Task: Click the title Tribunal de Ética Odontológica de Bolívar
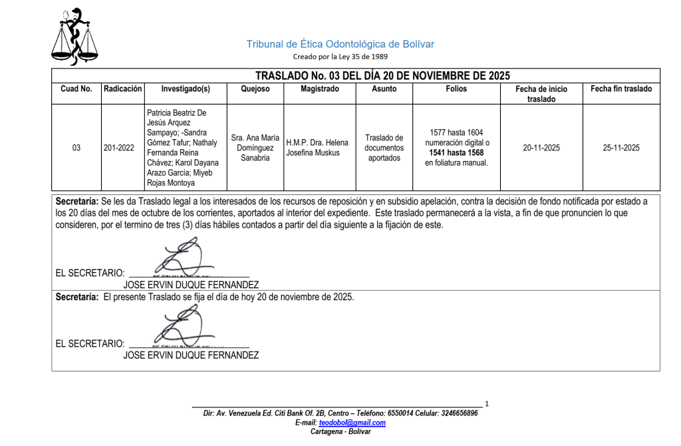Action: point(340,44)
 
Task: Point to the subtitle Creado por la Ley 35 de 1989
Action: point(340,57)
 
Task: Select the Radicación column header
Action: point(122,89)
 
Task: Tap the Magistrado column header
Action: point(319,89)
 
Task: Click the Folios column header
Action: point(456,89)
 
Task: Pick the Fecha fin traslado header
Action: point(621,89)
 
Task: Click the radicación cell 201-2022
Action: point(120,148)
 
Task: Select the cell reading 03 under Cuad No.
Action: point(76,148)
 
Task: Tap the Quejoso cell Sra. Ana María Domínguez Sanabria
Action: point(255,148)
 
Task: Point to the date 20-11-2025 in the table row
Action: point(541,148)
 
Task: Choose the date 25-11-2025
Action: point(621,148)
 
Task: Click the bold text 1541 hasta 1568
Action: point(456,152)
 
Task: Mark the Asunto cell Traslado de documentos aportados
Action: point(384,148)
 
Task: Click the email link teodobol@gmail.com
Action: point(352,423)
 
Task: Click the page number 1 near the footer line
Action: point(487,403)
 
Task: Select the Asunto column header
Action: point(384,89)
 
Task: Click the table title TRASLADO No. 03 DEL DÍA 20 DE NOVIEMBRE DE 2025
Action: point(382,75)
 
